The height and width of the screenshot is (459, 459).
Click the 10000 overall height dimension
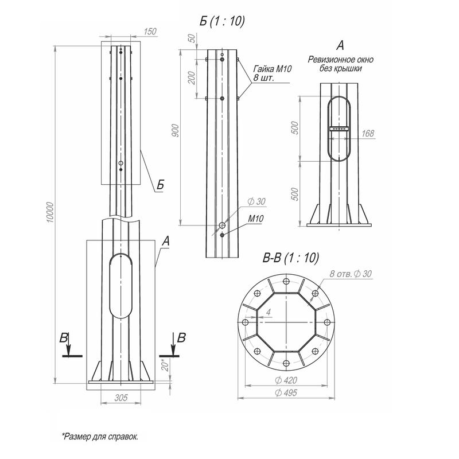click(50, 212)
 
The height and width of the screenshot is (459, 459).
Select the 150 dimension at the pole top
click(150, 32)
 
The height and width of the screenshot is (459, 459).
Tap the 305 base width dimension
click(121, 398)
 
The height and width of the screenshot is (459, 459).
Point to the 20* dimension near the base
click(166, 365)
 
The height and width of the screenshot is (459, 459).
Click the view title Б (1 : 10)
click(222, 21)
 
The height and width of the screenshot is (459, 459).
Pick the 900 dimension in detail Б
click(175, 131)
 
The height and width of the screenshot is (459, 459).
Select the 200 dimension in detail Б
click(191, 77)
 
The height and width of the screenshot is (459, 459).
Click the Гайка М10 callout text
click(272, 69)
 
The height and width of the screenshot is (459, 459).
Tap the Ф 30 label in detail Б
click(256, 201)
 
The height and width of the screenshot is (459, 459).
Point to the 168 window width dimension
click(368, 134)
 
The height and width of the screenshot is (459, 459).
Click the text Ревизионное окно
click(340, 60)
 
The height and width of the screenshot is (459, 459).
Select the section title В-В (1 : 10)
click(291, 258)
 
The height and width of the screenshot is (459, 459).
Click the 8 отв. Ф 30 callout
click(351, 274)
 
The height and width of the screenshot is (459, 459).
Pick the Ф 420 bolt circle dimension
click(286, 380)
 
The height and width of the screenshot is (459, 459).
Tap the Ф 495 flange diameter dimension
click(286, 392)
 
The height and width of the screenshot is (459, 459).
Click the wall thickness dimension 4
click(269, 312)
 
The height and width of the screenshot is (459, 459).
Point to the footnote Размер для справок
click(99, 437)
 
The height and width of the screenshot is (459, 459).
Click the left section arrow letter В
click(64, 338)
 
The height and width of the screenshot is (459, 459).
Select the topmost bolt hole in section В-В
click(286, 281)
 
